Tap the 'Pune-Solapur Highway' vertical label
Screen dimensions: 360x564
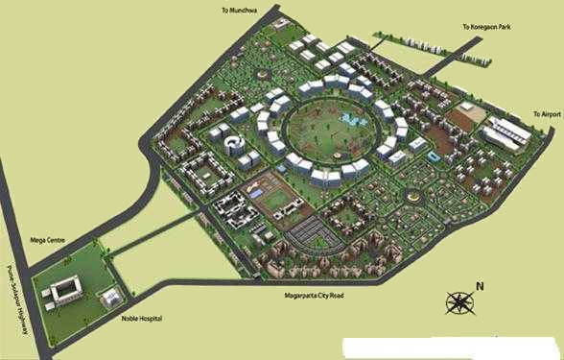pos(15,297)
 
